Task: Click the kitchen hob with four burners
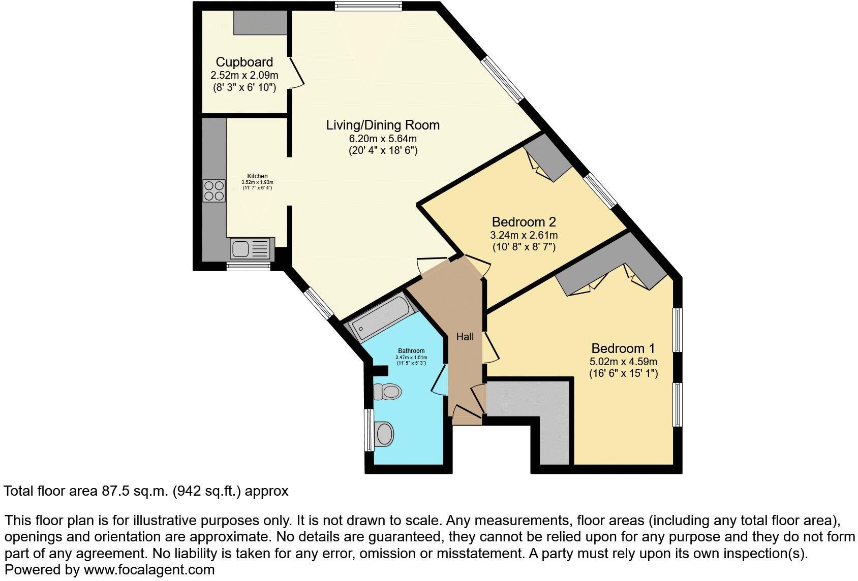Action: click(214, 191)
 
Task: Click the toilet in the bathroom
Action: click(387, 392)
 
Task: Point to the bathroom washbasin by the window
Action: click(384, 434)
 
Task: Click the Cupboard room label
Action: click(244, 62)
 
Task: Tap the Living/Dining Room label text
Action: click(382, 125)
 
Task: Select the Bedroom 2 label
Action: click(524, 222)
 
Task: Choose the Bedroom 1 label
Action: click(623, 348)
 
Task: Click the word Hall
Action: click(465, 337)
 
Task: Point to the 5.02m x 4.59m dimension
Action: click(623, 362)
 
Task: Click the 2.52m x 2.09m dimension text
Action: click(244, 75)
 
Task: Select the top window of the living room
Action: click(368, 6)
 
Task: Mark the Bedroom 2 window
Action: click(600, 191)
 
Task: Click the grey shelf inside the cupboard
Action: click(260, 22)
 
